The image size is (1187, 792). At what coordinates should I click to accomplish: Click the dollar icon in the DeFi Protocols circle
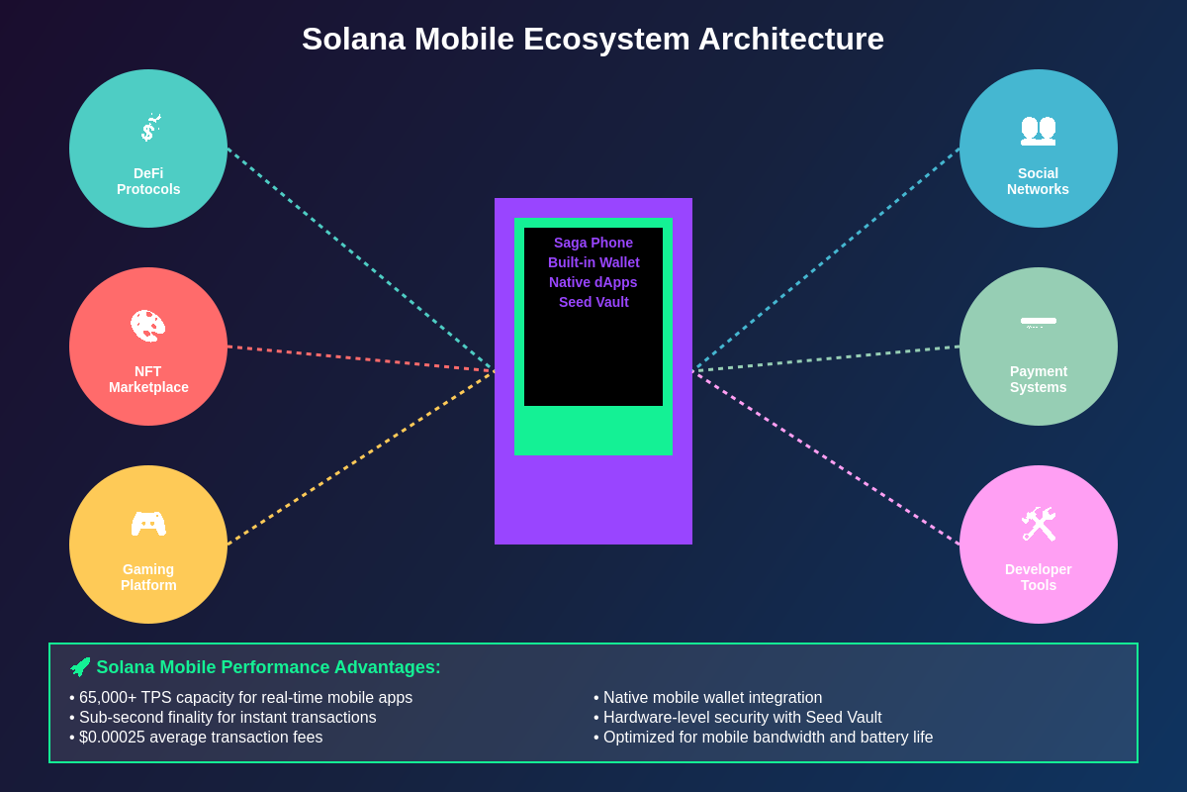pyautogui.click(x=148, y=129)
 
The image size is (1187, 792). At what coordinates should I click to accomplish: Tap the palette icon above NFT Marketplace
pyautogui.click(x=148, y=326)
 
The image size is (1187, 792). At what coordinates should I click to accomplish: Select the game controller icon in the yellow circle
pyautogui.click(x=148, y=524)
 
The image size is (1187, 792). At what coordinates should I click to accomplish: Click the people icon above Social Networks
pyautogui.click(x=1038, y=129)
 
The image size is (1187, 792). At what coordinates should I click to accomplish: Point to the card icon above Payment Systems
pyautogui.click(x=1038, y=321)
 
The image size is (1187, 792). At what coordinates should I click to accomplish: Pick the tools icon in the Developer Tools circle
pyautogui.click(x=1038, y=524)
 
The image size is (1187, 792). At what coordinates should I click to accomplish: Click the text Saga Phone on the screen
pyautogui.click(x=593, y=243)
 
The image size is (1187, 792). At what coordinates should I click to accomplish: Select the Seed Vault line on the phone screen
pyautogui.click(x=593, y=302)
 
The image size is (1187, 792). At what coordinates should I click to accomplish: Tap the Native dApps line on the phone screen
pyautogui.click(x=593, y=282)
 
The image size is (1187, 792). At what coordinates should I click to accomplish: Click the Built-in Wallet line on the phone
pyautogui.click(x=593, y=262)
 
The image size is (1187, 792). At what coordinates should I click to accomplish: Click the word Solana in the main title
pyautogui.click(x=353, y=40)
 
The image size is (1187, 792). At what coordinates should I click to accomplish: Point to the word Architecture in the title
pyautogui.click(x=790, y=40)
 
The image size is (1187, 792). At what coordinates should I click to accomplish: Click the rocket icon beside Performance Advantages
pyautogui.click(x=80, y=667)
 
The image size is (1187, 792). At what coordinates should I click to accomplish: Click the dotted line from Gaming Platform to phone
pyautogui.click(x=361, y=457)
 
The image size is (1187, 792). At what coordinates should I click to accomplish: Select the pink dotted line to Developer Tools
pyautogui.click(x=826, y=457)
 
